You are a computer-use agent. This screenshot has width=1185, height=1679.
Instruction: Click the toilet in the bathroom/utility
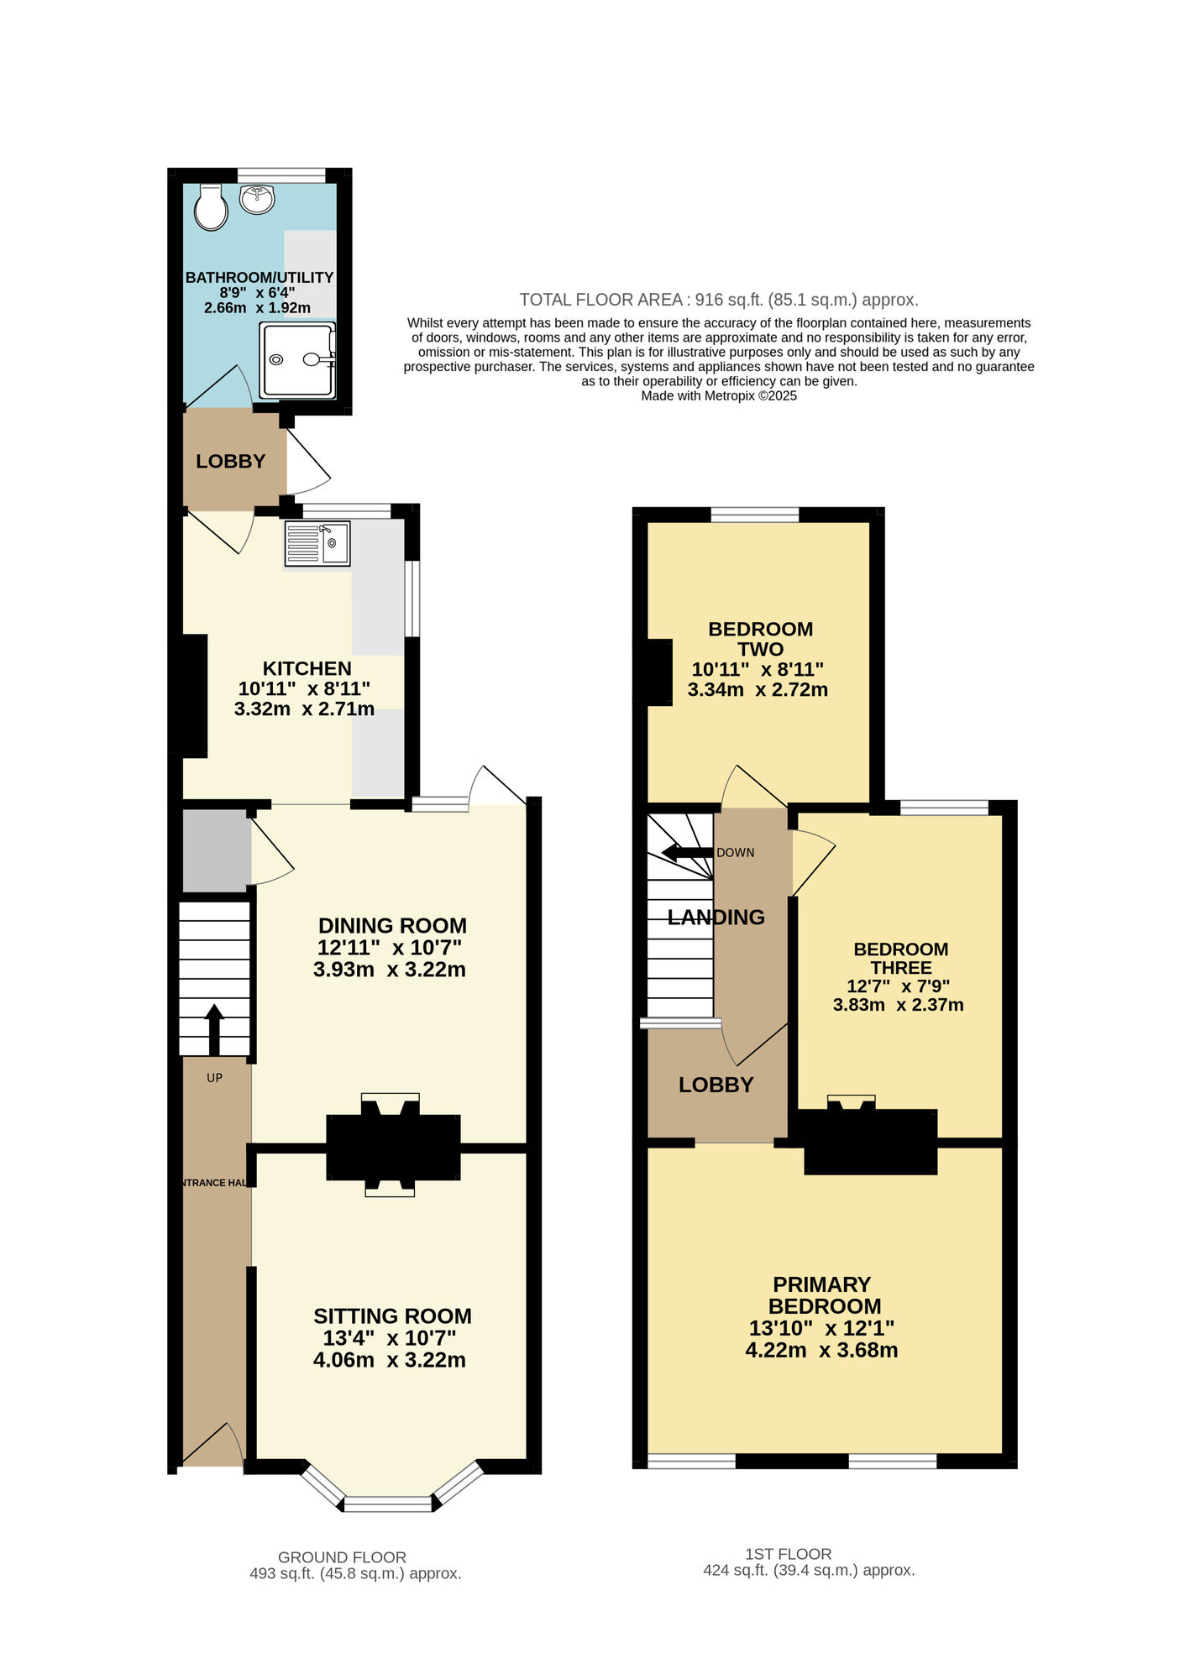(x=211, y=208)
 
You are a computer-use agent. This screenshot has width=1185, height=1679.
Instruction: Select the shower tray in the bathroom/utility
(x=297, y=359)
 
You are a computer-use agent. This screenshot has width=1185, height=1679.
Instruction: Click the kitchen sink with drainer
(x=317, y=543)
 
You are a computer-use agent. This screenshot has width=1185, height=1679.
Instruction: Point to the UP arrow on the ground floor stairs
(x=214, y=1028)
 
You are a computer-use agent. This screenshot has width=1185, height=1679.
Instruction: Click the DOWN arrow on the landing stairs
(x=687, y=853)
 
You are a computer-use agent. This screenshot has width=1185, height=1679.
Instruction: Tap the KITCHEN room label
(x=307, y=668)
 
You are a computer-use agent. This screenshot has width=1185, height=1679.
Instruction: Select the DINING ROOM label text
(x=392, y=925)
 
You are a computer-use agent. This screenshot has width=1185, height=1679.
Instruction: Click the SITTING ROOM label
(x=392, y=1315)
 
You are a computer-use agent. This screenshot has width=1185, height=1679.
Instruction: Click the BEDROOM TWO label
(x=760, y=639)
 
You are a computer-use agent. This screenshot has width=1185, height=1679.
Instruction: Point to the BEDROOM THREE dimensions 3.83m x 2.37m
(x=898, y=1005)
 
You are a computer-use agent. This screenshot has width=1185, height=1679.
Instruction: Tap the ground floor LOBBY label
(x=230, y=461)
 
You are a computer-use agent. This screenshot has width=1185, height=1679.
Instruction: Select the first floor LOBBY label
(x=716, y=1085)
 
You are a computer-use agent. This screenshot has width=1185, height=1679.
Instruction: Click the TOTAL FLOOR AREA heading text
(x=600, y=300)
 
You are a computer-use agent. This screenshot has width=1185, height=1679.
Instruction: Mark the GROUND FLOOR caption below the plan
(x=342, y=1557)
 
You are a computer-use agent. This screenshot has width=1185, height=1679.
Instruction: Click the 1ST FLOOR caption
(x=788, y=1554)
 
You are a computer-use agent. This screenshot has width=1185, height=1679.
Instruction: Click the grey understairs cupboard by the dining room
(x=216, y=850)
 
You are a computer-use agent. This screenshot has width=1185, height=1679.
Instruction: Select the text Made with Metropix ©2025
(x=719, y=396)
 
